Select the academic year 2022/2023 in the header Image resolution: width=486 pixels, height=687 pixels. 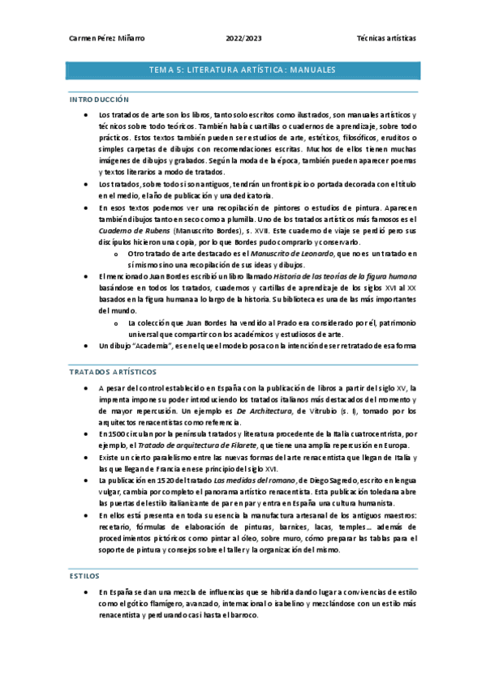244,38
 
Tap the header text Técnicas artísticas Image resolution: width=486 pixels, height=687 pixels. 387,38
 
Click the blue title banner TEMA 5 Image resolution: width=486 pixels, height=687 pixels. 243,70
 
